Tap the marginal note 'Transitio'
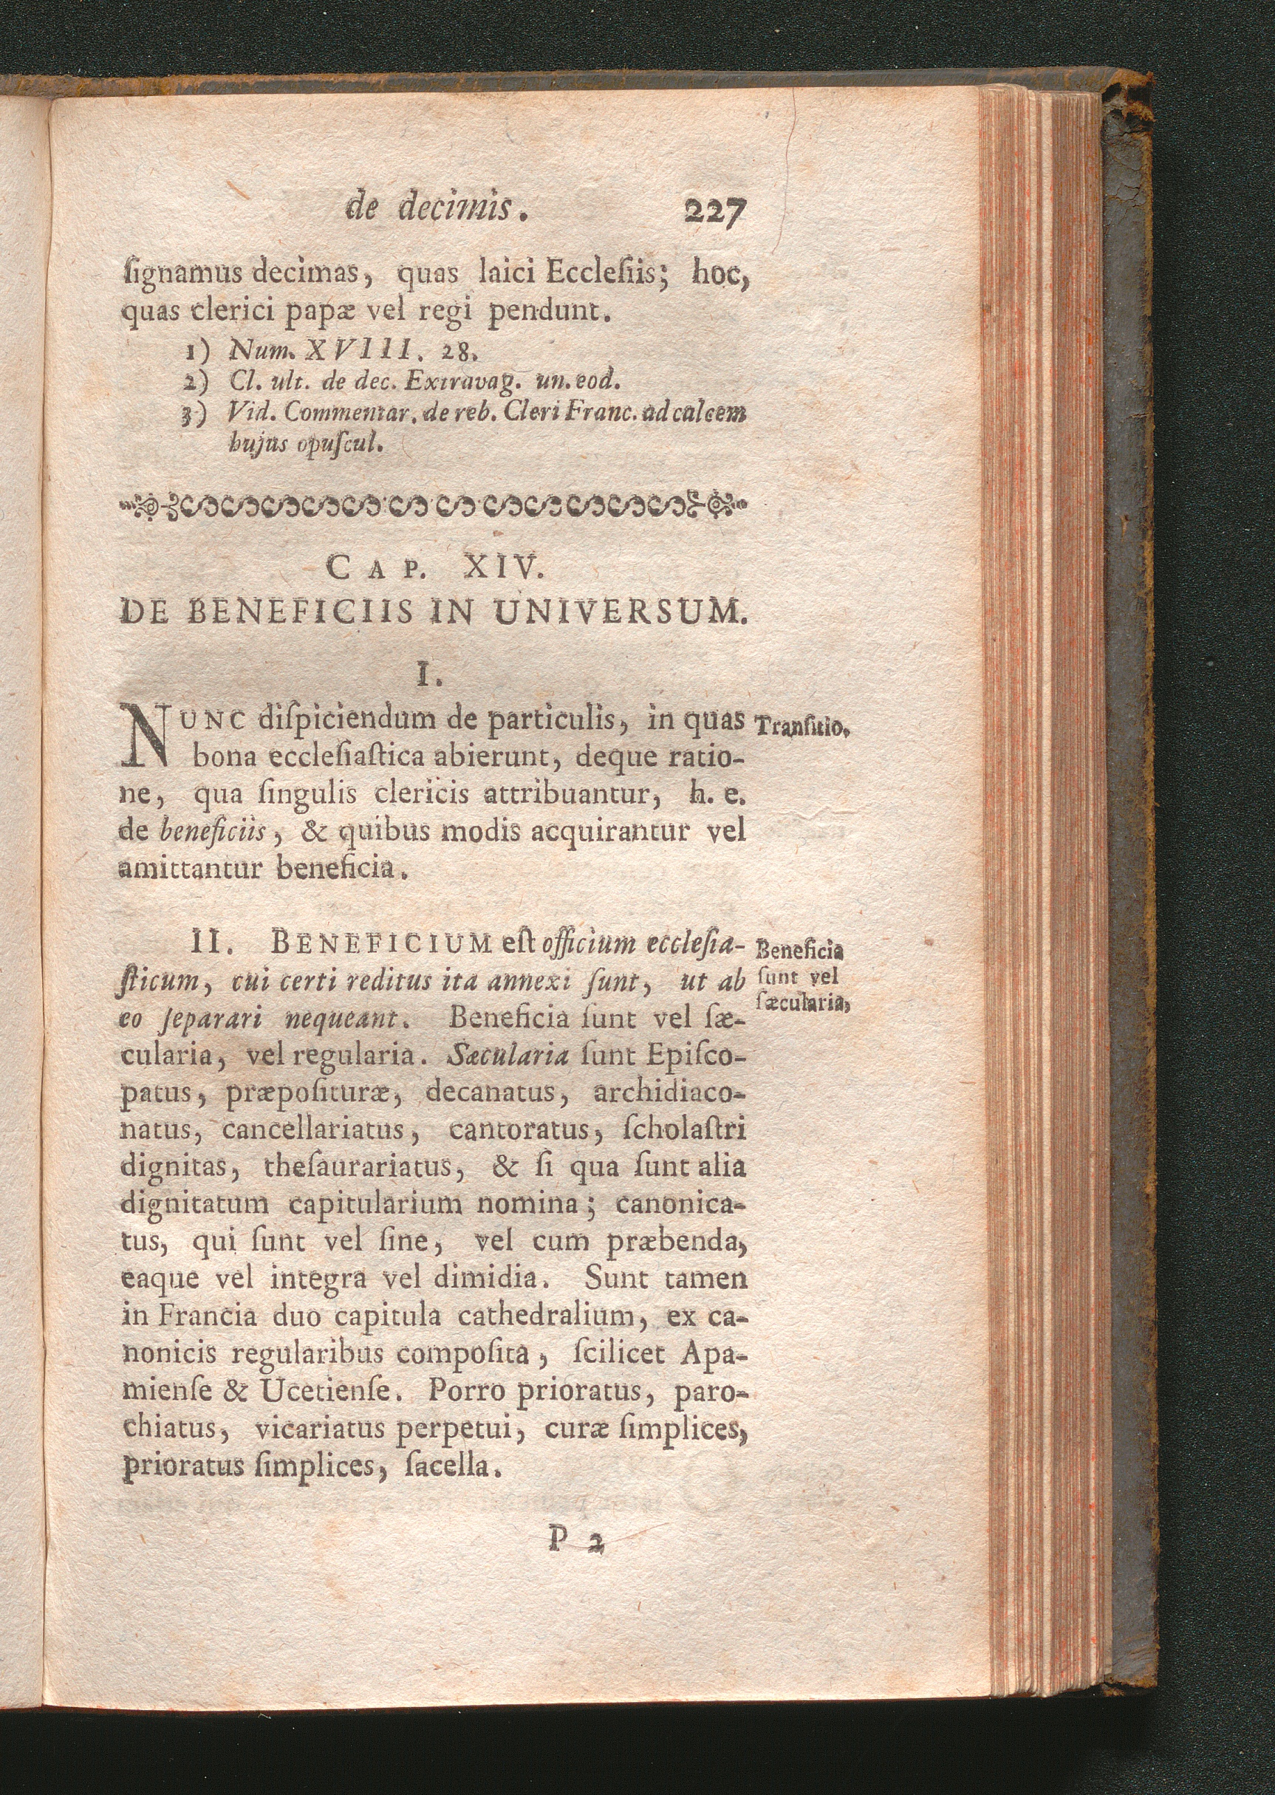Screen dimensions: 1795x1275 [799, 727]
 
